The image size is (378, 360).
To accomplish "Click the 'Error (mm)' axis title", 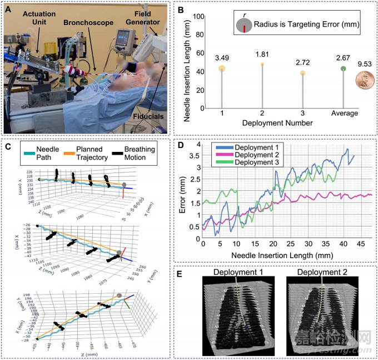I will (x=183, y=189).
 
